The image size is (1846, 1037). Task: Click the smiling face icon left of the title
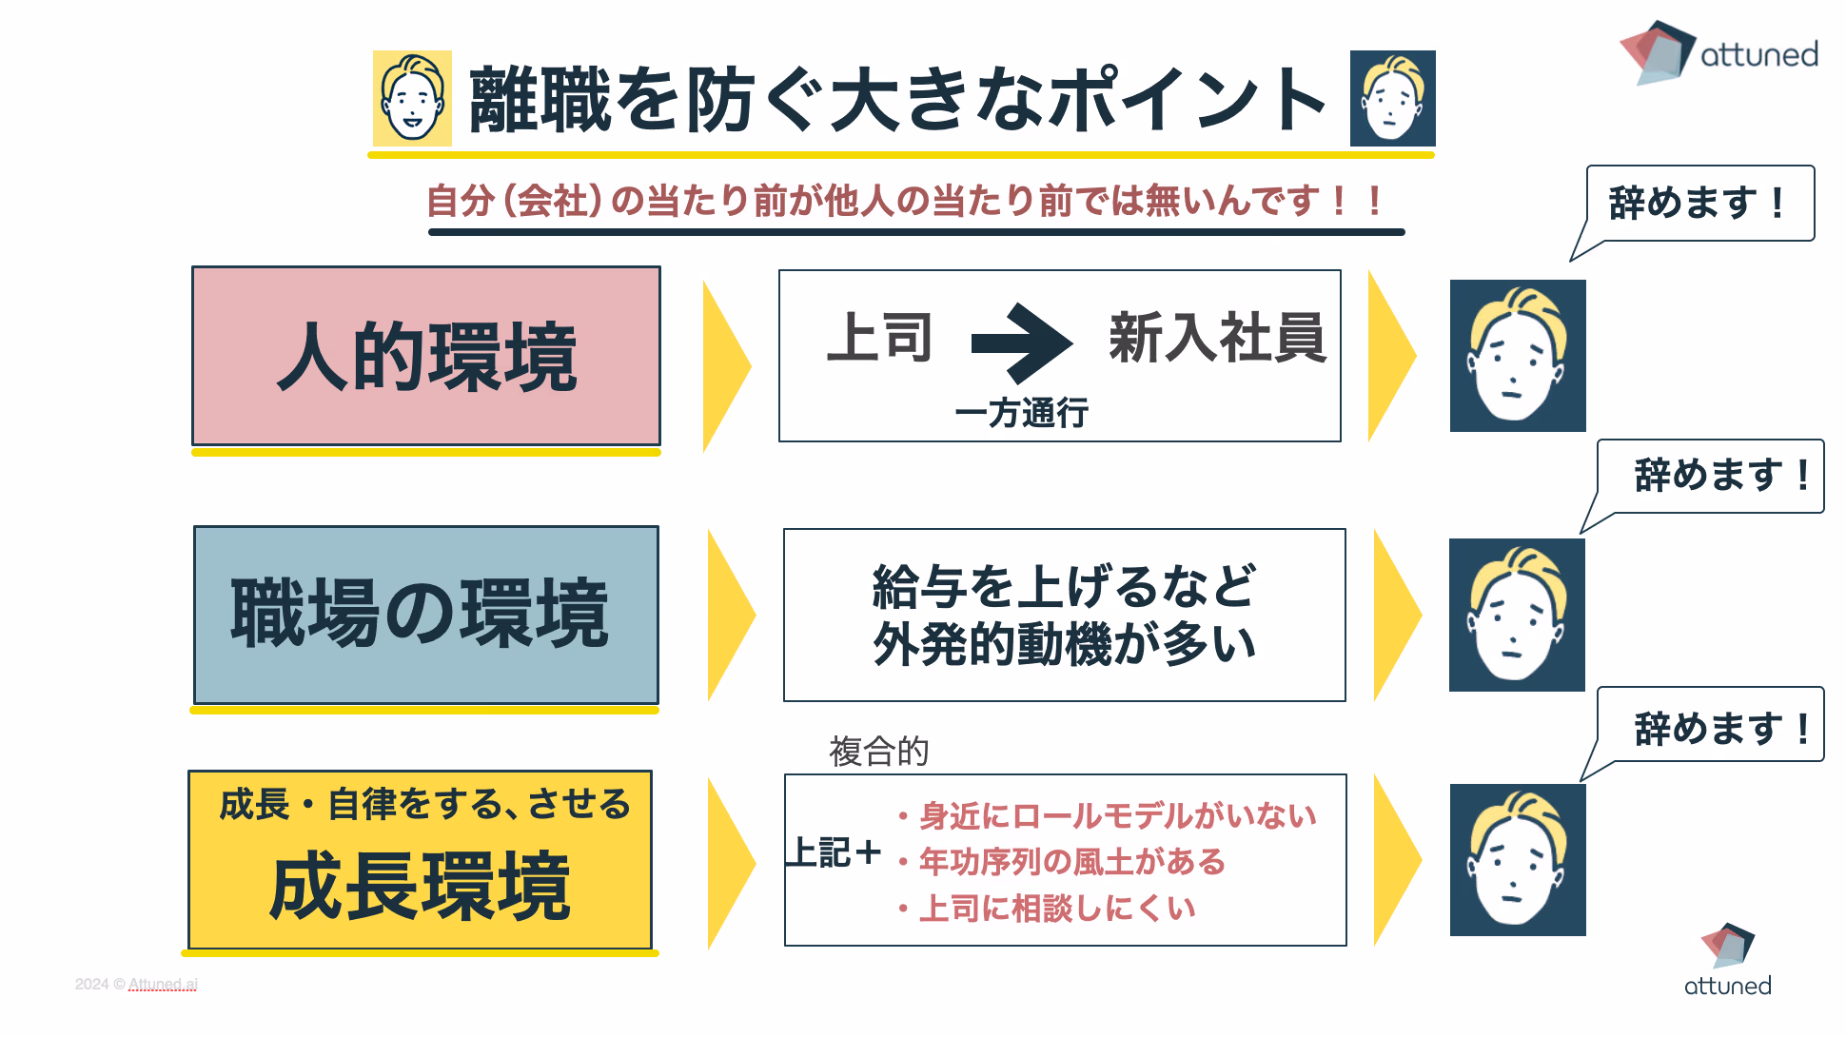click(412, 98)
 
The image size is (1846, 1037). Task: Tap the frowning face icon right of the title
click(1392, 98)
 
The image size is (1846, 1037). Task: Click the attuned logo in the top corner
click(1718, 53)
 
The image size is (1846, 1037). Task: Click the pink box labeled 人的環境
click(426, 356)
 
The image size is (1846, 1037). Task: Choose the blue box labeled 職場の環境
click(426, 615)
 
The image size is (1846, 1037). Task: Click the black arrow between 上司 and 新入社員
click(1021, 342)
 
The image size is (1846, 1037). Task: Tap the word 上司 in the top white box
click(879, 338)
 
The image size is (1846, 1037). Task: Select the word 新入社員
click(1217, 338)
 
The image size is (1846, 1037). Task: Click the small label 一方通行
click(1021, 413)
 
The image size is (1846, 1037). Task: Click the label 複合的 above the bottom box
click(878, 752)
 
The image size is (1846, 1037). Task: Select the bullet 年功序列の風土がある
click(1071, 862)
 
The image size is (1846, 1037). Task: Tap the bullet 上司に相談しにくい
click(1056, 909)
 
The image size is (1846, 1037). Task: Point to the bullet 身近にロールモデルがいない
click(1117, 815)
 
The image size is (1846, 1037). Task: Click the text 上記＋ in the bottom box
click(834, 852)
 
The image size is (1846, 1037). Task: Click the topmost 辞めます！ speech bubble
click(1699, 204)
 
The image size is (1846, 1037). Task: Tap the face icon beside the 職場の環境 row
click(1517, 615)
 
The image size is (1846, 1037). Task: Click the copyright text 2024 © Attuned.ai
click(136, 984)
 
